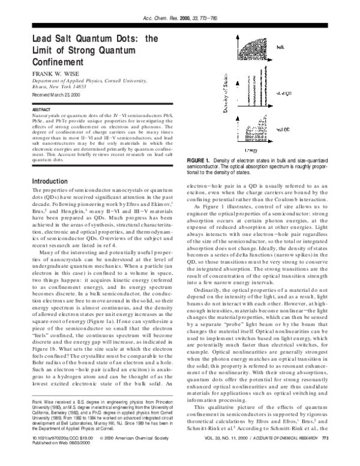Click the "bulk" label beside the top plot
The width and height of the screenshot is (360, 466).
coord(280,46)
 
